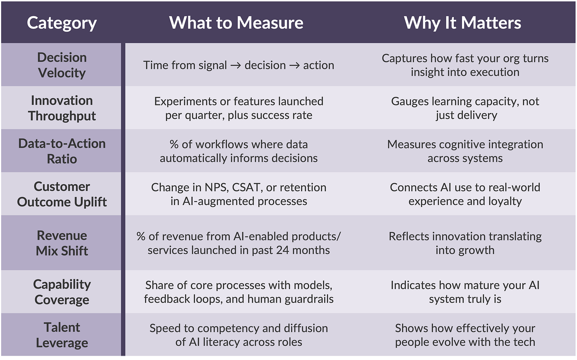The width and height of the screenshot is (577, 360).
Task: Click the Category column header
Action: coord(62,23)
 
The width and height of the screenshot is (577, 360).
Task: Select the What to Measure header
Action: coord(236,23)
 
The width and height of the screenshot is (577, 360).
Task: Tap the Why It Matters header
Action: coord(462,23)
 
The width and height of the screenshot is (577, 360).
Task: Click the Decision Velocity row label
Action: coord(62,65)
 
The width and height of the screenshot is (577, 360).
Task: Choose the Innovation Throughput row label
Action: coord(62,108)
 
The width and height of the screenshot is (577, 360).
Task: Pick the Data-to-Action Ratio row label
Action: coord(62,151)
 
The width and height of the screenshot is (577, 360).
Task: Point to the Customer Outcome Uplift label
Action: coord(62,194)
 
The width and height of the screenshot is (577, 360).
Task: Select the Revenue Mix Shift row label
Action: coord(62,243)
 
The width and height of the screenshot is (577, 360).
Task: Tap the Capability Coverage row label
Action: coord(62,292)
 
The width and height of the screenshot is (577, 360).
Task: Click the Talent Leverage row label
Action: coord(62,335)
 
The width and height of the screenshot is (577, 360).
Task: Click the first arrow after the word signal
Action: coord(235,65)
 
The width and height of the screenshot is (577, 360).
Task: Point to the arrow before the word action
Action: coord(294,65)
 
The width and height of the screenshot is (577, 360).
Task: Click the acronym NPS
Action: coord(214,187)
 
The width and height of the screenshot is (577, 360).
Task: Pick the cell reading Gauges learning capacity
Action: coord(465,108)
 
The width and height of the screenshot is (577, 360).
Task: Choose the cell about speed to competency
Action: coord(239,335)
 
